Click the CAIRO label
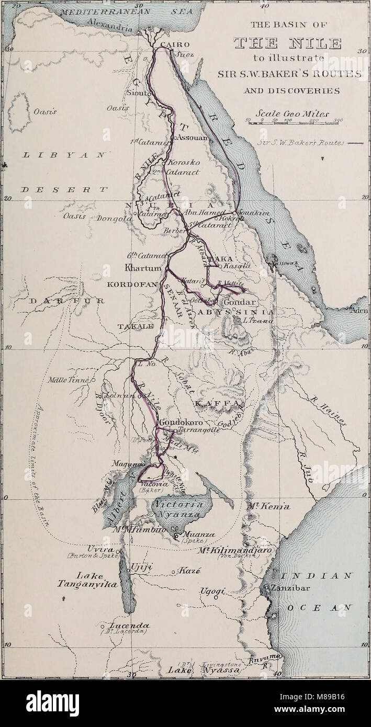coord(175,44)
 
